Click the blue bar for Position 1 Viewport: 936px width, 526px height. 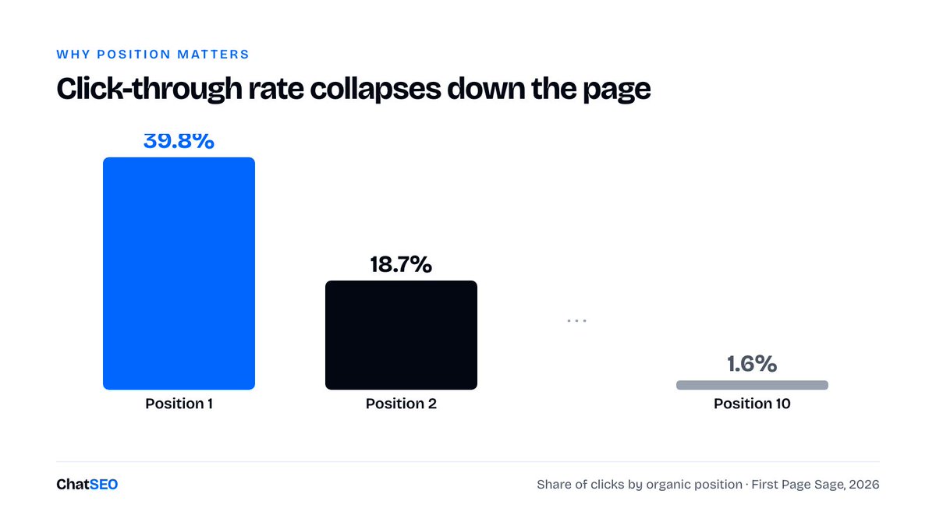(x=179, y=274)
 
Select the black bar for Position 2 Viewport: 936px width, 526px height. (x=401, y=335)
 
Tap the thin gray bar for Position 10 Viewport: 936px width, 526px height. (x=752, y=385)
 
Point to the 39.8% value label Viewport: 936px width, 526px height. (x=179, y=141)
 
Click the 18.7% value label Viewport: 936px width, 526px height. (x=401, y=264)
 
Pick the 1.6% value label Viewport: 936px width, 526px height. (x=752, y=364)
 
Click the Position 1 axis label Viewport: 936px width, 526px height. (x=179, y=404)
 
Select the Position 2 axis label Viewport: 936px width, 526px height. (x=401, y=404)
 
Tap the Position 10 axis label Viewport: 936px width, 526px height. (x=752, y=404)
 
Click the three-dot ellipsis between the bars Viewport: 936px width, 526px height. (x=576, y=320)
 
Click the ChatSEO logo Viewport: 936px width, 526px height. (x=87, y=484)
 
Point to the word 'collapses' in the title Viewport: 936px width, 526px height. (x=375, y=89)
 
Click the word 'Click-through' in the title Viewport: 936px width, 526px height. (x=149, y=89)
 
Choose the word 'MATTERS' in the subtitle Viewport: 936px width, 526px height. (x=213, y=55)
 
